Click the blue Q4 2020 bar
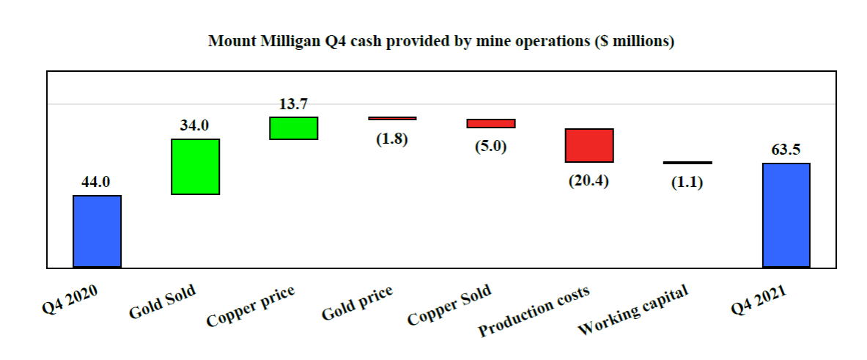[97, 231]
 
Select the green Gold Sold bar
[196, 166]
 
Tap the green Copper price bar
[294, 128]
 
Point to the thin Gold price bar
[392, 118]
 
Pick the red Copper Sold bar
[491, 123]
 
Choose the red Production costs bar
[589, 145]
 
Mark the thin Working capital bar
[687, 163]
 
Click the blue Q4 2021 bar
[786, 215]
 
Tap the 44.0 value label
[95, 182]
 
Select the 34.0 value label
[195, 125]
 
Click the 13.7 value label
[293, 104]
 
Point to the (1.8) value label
[392, 139]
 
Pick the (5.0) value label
[491, 145]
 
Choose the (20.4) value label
[589, 180]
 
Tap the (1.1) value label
[687, 183]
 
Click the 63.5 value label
[786, 150]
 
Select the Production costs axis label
[534, 311]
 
